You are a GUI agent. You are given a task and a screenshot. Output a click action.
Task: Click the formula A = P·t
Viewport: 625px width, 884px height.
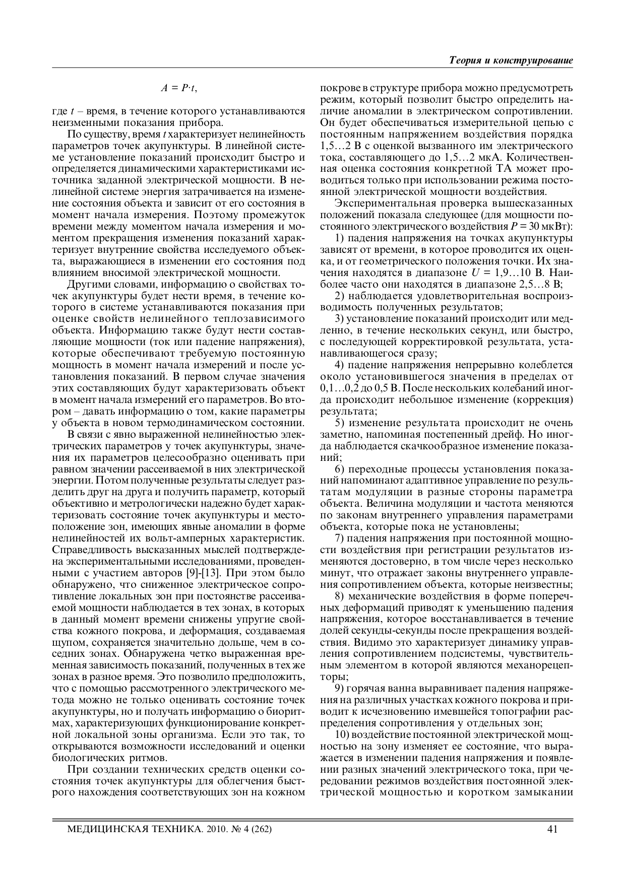tap(179, 88)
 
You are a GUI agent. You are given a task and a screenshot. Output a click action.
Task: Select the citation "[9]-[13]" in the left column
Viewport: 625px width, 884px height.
tap(211, 573)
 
